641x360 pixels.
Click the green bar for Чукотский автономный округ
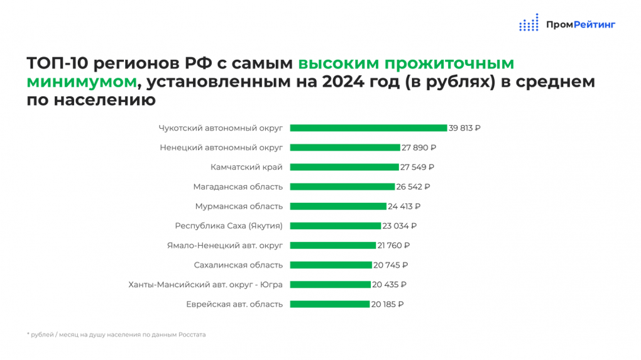point(368,128)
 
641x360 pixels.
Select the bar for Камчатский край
point(344,167)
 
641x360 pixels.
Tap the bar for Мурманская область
point(338,206)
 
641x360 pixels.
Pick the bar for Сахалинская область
point(331,265)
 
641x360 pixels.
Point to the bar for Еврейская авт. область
point(330,304)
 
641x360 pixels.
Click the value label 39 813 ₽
point(464,128)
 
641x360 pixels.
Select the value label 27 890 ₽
point(419,148)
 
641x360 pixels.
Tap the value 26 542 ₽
point(413,187)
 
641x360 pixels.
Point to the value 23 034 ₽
point(399,226)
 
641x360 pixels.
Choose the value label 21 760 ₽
point(393,246)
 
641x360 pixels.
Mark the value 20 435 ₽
point(389,285)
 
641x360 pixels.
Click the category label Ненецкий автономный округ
point(221,148)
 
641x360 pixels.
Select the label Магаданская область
point(238,187)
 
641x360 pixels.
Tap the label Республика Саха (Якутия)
point(229,226)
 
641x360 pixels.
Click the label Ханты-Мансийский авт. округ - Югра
point(205,285)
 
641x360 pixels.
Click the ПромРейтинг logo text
point(581,25)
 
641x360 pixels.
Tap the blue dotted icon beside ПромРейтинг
point(529,23)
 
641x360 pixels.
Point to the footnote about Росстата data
point(116,335)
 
